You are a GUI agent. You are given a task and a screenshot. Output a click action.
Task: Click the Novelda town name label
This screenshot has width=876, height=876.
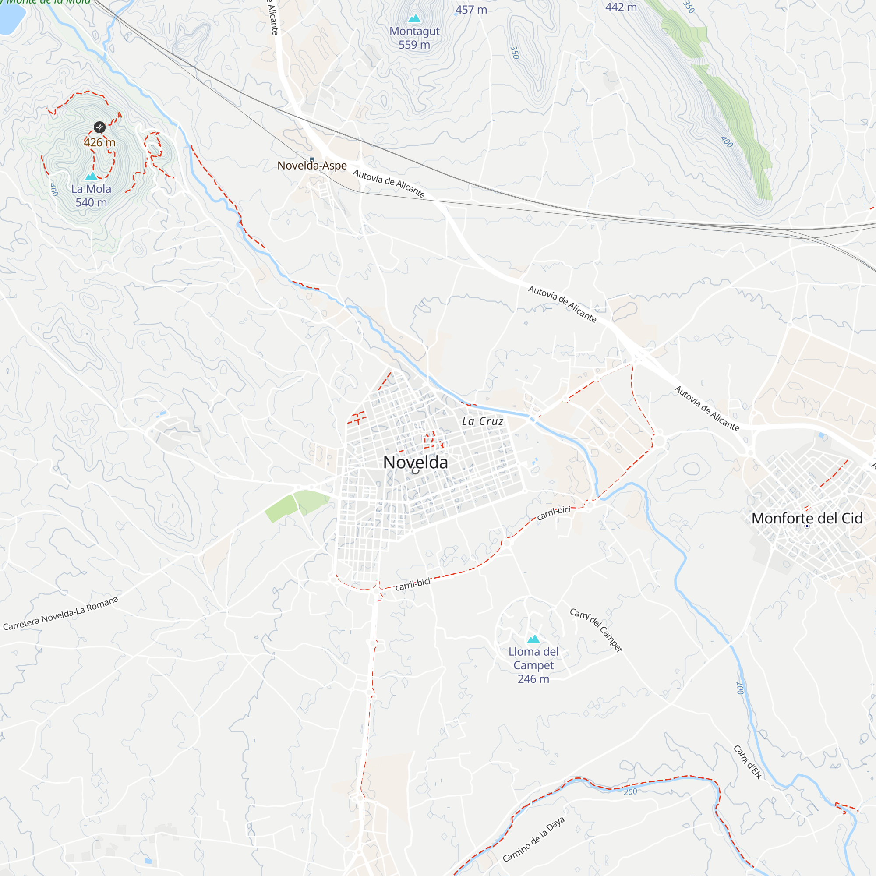(415, 463)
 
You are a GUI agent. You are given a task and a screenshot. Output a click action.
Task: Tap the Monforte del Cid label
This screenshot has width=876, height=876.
(807, 518)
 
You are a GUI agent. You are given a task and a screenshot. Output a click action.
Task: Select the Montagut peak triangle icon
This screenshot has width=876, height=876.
(414, 18)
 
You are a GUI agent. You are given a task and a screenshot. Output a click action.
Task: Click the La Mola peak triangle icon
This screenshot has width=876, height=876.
(92, 176)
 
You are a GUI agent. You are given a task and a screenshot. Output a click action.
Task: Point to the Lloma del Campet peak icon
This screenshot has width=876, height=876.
(533, 639)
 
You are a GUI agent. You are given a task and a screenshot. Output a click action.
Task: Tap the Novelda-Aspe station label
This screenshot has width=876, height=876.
(312, 166)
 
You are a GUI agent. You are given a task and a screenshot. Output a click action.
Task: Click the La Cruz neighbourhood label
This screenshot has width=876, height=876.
(482, 422)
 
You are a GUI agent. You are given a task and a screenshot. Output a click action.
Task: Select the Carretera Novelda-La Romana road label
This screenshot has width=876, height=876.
(61, 614)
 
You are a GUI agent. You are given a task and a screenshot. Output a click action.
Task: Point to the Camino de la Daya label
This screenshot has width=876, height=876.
(533, 839)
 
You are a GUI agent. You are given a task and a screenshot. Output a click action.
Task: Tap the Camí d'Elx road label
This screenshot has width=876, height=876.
(747, 762)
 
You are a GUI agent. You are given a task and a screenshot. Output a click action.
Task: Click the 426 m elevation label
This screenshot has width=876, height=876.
(99, 142)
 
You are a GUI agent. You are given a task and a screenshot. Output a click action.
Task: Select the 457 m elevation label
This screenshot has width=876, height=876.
(471, 10)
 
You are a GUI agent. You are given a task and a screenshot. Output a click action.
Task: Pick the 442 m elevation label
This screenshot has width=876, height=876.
(621, 7)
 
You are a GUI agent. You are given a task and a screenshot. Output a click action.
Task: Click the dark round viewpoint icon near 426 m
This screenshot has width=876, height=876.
(100, 127)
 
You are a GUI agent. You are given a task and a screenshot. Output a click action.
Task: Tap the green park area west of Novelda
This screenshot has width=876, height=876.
(296, 504)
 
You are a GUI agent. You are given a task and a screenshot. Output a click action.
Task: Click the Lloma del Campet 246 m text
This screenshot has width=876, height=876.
(533, 665)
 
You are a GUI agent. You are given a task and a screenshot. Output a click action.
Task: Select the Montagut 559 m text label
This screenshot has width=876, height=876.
(414, 38)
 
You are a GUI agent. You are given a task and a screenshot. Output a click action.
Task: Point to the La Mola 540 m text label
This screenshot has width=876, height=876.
(91, 195)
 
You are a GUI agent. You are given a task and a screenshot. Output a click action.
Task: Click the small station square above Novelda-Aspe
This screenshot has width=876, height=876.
(312, 159)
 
